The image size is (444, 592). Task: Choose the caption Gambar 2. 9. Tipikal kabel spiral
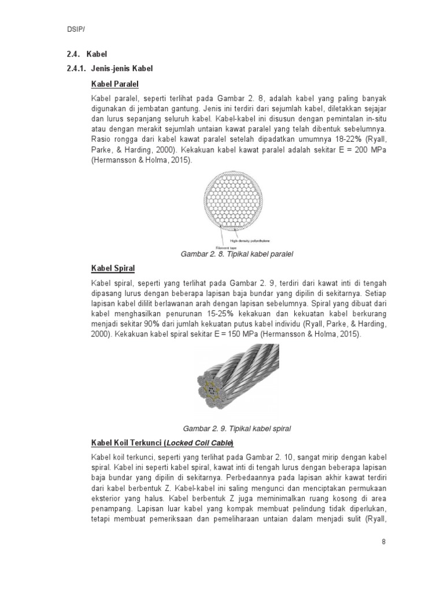click(x=236, y=428)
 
